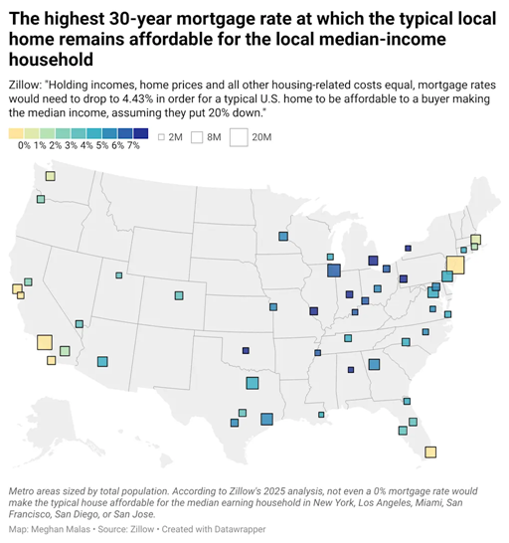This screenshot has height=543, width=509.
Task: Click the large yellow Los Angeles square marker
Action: click(x=45, y=342)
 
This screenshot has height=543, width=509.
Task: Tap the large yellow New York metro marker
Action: click(x=455, y=265)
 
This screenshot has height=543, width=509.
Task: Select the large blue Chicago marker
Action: click(x=333, y=271)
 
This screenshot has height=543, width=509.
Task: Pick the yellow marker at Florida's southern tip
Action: click(x=430, y=452)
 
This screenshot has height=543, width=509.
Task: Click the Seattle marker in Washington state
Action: click(x=50, y=176)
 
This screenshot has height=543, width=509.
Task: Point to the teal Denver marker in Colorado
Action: click(x=179, y=295)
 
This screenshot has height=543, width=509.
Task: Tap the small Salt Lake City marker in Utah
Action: click(x=119, y=275)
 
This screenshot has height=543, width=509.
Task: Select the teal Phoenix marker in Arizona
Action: click(x=102, y=361)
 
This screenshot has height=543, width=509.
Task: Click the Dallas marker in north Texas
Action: click(x=252, y=384)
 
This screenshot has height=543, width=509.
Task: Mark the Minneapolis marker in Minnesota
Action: click(x=283, y=237)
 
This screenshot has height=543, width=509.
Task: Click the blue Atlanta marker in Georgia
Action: click(x=373, y=365)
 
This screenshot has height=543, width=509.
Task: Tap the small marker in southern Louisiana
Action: click(x=320, y=414)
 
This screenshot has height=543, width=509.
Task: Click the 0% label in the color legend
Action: click(x=25, y=146)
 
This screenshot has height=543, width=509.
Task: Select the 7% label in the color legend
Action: click(x=133, y=146)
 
